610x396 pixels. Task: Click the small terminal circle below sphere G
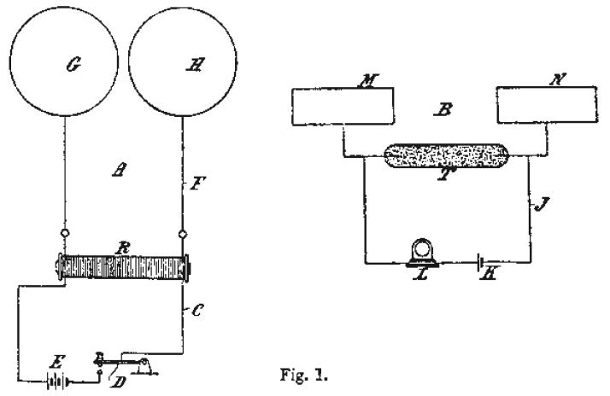click(65, 233)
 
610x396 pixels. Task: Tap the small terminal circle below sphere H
click(183, 233)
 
